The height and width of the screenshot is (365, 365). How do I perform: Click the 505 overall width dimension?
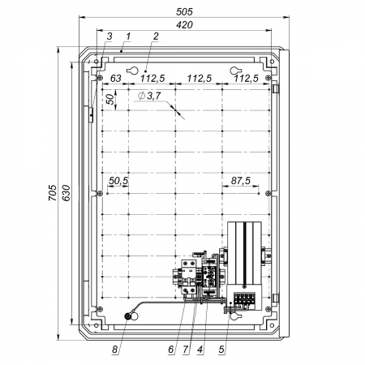tap(184, 11)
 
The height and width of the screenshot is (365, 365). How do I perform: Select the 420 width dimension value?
tap(184, 24)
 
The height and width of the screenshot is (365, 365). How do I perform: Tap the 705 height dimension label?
tap(53, 192)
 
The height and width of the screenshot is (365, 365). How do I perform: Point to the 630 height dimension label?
tap(67, 192)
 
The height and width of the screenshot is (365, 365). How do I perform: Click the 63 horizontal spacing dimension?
tap(116, 79)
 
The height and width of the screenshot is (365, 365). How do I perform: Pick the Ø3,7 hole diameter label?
tap(149, 96)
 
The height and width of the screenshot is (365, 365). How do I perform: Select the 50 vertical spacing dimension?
tap(110, 99)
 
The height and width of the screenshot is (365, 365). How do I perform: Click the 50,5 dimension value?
tap(118, 181)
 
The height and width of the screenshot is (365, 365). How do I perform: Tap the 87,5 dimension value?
tap(241, 181)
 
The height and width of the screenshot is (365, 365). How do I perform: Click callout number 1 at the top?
tap(128, 36)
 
